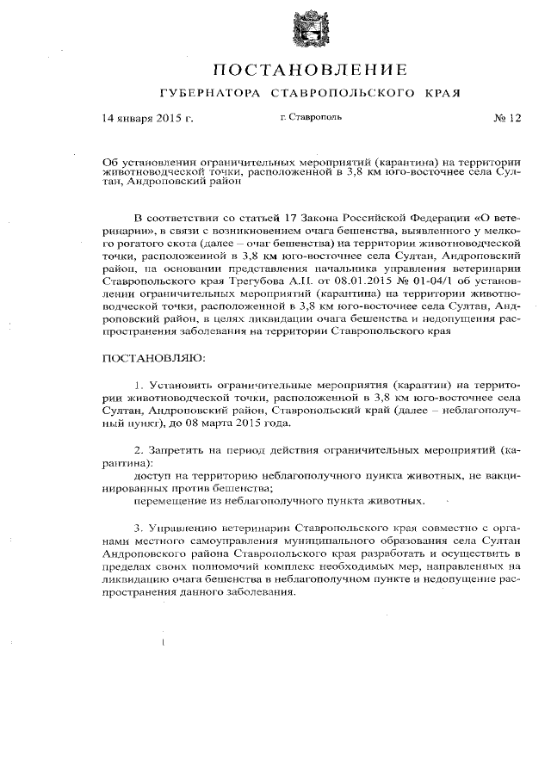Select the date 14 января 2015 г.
coord(147,119)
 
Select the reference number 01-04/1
coord(408,280)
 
